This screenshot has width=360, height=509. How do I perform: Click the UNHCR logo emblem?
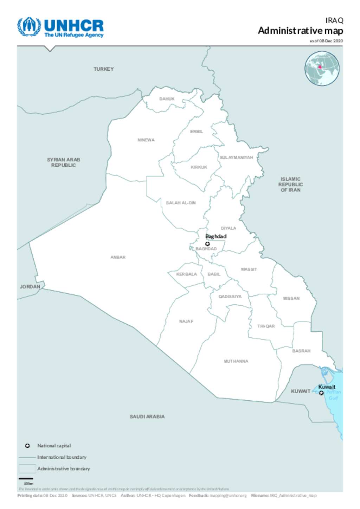coord(29,26)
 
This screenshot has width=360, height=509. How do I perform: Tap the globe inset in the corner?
coord(322,69)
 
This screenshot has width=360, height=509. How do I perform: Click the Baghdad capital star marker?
coord(207,244)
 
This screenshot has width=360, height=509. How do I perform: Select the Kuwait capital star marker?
coord(321,393)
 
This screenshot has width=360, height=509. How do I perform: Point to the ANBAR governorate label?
coord(118,257)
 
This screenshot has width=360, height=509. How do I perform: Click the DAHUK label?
coord(167,99)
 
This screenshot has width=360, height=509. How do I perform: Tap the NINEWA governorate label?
coord(146,140)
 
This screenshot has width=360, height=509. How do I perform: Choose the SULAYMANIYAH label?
coord(236,158)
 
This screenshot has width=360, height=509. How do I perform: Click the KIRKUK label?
coord(199,167)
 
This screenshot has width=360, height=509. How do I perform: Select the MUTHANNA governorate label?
coord(236,361)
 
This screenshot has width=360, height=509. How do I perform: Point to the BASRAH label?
coord(301,351)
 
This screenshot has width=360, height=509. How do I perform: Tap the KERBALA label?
coord(186,274)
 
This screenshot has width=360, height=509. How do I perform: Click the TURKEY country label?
coord(103,69)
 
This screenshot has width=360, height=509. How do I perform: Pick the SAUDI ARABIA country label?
coord(147,416)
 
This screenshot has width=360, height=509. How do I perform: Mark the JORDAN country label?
coord(30,287)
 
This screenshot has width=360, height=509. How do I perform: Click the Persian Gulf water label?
coord(333,395)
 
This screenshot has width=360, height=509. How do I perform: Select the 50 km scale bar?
coord(26,479)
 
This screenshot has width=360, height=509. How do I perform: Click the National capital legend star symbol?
coord(27,446)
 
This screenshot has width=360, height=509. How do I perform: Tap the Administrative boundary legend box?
coord(27,469)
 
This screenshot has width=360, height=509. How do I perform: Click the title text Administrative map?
coord(300,31)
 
